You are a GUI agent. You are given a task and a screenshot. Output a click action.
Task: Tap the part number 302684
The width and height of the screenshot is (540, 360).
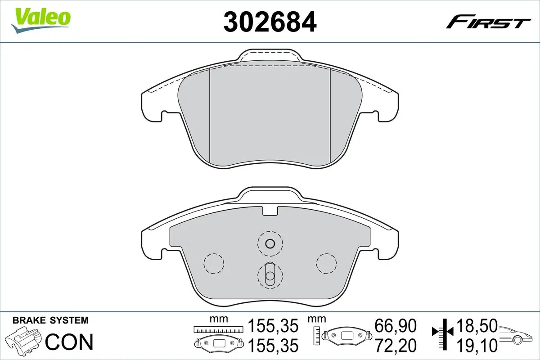(x=270, y=21)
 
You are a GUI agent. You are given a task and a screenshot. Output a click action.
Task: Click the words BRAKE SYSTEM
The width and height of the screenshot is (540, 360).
(x=50, y=320)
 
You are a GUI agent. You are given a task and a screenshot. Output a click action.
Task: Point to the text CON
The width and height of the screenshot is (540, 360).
(x=69, y=342)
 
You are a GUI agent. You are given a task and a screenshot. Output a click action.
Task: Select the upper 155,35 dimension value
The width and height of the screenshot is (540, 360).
(x=273, y=325)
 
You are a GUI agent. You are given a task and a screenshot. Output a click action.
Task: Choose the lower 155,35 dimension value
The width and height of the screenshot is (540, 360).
(x=273, y=346)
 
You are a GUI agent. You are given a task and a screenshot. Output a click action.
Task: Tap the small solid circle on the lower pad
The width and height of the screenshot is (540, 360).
(x=270, y=244)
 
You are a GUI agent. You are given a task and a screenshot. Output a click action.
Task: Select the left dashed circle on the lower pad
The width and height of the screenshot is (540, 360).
(x=214, y=263)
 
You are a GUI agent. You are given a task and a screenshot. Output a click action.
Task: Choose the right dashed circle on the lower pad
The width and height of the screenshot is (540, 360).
(x=326, y=263)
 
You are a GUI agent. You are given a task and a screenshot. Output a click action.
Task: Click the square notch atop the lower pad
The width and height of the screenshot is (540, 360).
(x=270, y=210)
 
